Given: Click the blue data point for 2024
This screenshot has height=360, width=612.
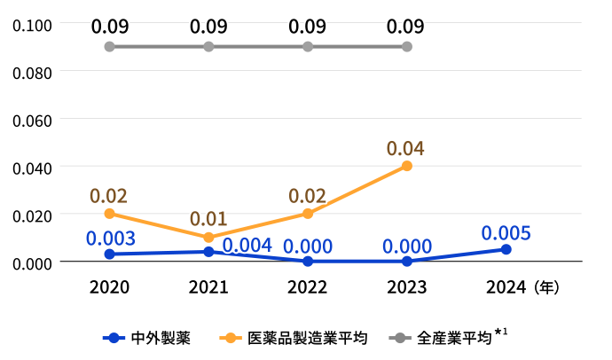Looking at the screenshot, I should point(506,249).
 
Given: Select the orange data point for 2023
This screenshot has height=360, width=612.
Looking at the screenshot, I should point(407,166).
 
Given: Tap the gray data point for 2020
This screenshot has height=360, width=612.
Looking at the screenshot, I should point(109,46).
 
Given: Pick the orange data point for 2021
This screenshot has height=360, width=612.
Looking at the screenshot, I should point(208,238).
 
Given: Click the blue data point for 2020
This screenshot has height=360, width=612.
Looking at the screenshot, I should point(109,254).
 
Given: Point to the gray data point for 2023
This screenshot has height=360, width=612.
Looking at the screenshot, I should point(407,46).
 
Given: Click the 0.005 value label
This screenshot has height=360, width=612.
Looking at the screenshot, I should point(506,233).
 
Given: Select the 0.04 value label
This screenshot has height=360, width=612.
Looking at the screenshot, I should point(405,148).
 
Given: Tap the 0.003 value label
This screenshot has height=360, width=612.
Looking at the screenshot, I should point(110,238).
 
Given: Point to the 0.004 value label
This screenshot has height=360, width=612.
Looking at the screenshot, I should point(247,246).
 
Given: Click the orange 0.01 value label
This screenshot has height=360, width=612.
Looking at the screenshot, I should point(208,219).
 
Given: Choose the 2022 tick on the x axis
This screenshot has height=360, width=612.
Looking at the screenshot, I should point(308,287).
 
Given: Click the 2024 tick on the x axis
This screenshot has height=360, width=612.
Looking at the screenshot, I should point(506,287).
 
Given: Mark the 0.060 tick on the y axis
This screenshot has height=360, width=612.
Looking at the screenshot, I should point(32,119).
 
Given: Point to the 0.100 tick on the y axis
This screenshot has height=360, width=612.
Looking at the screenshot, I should point(32,23).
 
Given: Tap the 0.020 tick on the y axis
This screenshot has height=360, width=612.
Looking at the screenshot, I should point(32,215).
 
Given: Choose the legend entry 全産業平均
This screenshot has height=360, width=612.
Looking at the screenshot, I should point(452,338).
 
